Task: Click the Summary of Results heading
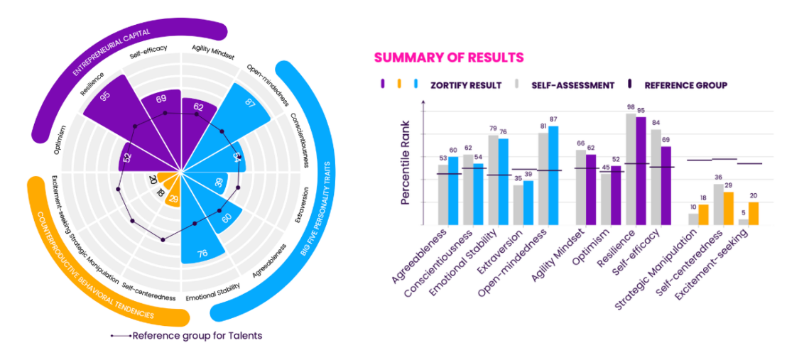[449, 58]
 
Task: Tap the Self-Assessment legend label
[572, 85]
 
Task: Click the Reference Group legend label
[685, 85]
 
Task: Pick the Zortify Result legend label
[465, 85]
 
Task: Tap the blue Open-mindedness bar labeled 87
[553, 175]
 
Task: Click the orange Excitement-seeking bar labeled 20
[754, 214]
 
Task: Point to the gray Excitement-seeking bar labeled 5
[743, 222]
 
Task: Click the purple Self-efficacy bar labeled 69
[666, 185]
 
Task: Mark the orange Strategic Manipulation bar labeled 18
[703, 214]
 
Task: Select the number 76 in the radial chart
[202, 253]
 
